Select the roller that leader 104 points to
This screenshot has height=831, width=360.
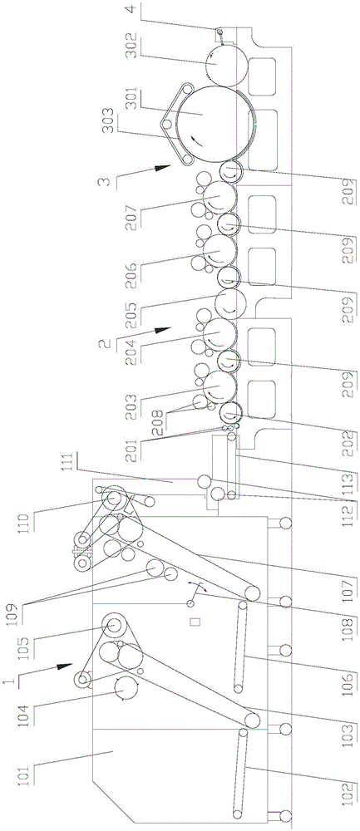tap(125, 689)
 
